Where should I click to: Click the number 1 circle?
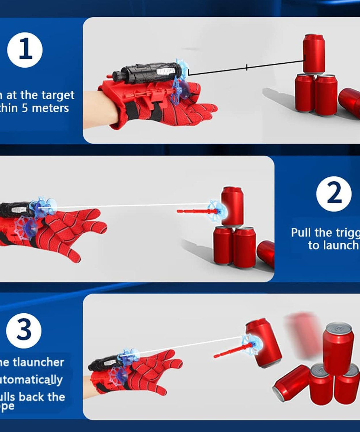point(25,50)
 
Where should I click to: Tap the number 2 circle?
point(334,194)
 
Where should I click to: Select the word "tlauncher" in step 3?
point(38,362)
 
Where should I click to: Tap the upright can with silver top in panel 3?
point(338,348)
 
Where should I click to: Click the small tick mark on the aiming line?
point(247,68)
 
